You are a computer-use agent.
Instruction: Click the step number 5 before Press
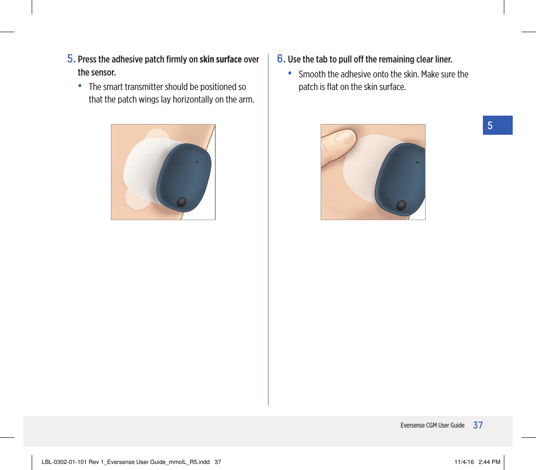71,59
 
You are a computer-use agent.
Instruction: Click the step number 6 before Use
281,59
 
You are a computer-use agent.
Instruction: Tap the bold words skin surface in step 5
220,60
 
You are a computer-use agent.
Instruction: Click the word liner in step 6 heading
442,60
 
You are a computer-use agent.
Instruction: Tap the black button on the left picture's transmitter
182,202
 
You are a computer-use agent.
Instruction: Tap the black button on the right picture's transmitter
401,205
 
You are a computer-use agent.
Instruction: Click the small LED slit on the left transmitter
196,162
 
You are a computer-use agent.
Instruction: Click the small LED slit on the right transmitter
417,162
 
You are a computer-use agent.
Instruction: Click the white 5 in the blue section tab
490,125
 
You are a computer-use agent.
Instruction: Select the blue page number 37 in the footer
478,425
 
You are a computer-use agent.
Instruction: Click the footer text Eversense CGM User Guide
433,425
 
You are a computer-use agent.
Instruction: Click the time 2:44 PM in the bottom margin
489,462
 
